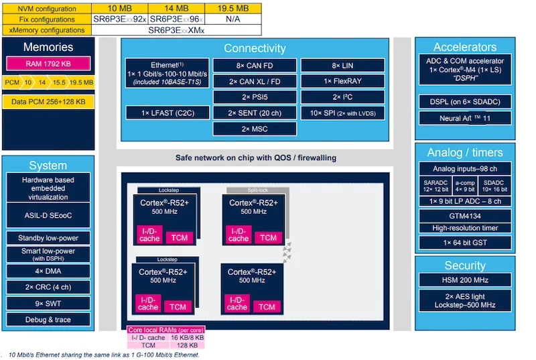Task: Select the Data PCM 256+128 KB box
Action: click(x=48, y=102)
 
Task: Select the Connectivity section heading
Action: click(x=254, y=48)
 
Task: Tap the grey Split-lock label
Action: click(x=257, y=190)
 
